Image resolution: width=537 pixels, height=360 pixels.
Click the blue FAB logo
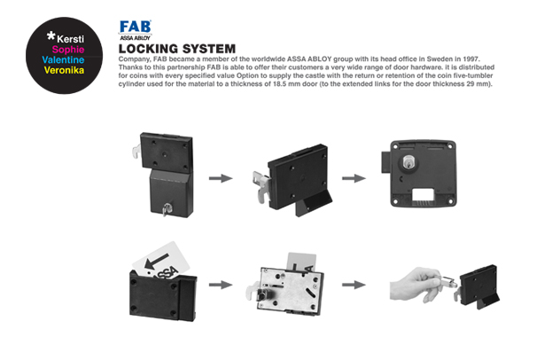click(136, 27)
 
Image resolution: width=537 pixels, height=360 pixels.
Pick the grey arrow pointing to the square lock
click(354, 177)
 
